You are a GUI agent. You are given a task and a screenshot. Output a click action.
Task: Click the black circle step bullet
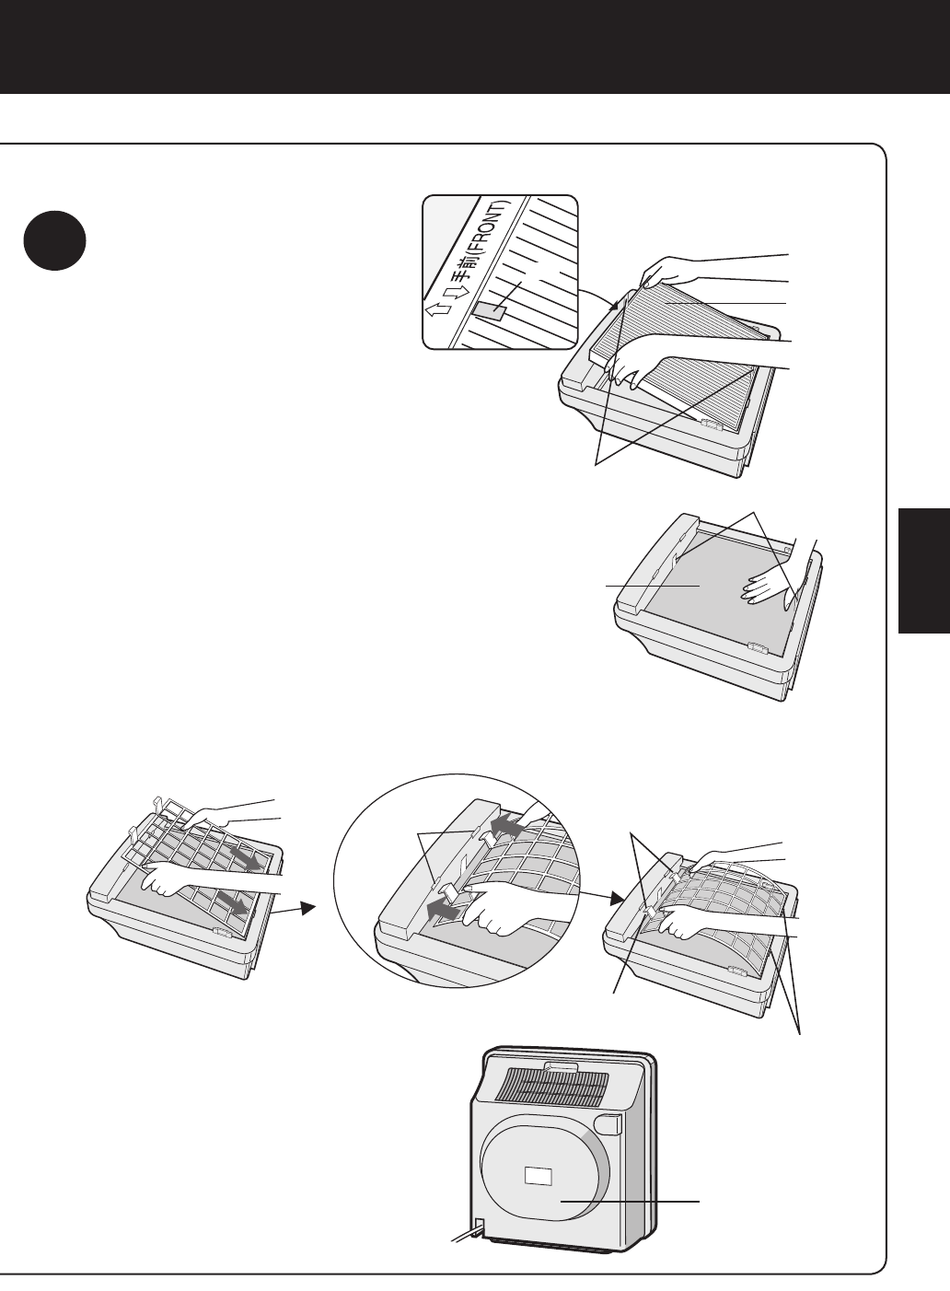coord(54,241)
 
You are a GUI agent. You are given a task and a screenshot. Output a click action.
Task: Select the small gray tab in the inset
coord(489,313)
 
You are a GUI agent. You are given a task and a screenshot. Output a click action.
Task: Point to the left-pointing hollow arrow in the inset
coord(438,309)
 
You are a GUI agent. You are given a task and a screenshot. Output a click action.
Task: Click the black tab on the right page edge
coord(923,571)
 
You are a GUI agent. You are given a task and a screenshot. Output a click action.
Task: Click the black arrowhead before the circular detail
coord(309,908)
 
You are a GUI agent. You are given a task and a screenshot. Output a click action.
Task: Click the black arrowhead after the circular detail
coord(618,899)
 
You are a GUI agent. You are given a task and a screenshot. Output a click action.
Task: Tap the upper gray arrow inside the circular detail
coord(507,825)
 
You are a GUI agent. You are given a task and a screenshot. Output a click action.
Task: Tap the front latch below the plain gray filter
coord(759,648)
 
